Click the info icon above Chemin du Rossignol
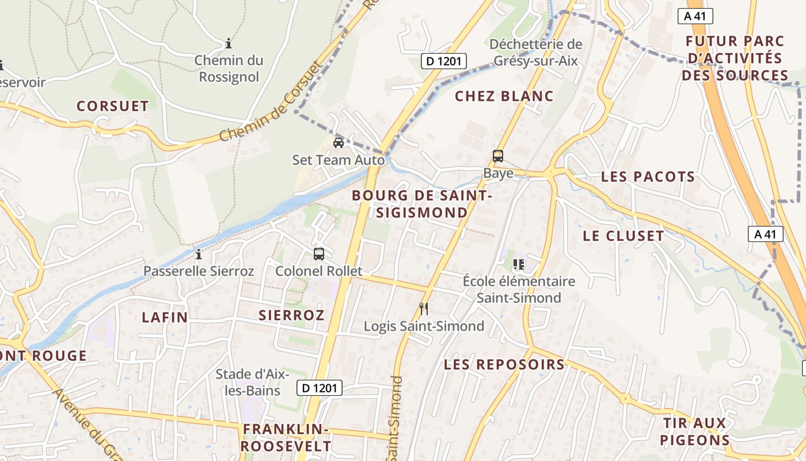[229, 43]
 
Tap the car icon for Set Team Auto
[339, 142]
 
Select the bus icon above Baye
[498, 156]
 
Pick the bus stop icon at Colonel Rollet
[318, 254]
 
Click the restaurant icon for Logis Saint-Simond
[424, 309]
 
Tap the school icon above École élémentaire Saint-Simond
[518, 264]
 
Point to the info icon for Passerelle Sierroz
[199, 254]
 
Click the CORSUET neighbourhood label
[113, 106]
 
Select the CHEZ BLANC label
[504, 96]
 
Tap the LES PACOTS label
[648, 177]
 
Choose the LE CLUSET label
[623, 236]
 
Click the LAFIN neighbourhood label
[165, 317]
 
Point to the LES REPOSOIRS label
[504, 364]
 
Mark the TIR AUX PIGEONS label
[695, 432]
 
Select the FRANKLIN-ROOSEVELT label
[286, 437]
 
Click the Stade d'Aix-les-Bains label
[252, 382]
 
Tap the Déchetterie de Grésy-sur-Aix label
[535, 52]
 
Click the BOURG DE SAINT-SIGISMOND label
[421, 204]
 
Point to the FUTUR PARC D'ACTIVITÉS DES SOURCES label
[735, 58]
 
